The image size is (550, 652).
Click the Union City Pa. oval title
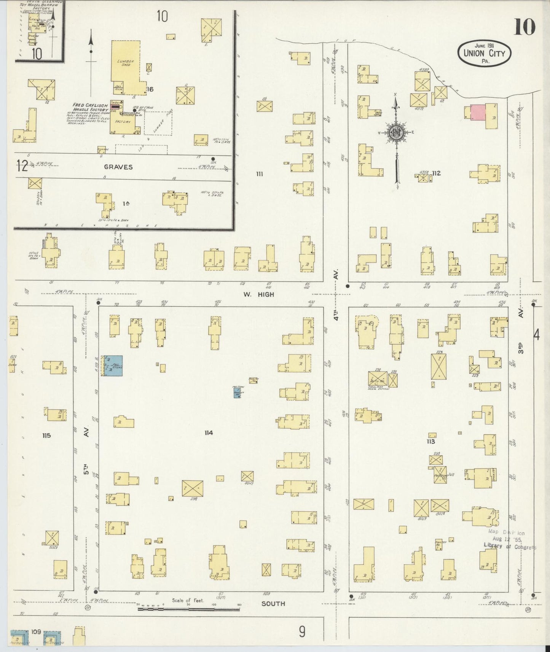pos(484,54)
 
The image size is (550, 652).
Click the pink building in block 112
pos(478,112)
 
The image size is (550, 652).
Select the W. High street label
pos(259,294)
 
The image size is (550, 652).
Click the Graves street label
pos(119,167)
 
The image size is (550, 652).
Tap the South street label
pos(273,603)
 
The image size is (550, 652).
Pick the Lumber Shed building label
pos(124,63)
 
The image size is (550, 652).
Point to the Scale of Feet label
pos(188,601)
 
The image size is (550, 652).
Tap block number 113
pos(430,441)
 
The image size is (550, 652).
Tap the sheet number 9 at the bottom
pos(302,632)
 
